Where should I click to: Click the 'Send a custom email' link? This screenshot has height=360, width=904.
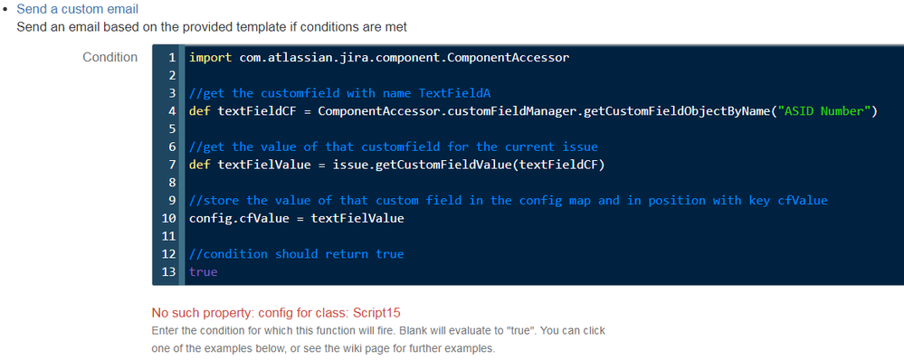[x=78, y=9]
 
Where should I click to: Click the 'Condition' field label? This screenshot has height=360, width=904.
[x=109, y=57]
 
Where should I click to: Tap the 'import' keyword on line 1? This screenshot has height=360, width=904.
[x=211, y=58]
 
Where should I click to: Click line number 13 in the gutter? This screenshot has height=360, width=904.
[x=170, y=272]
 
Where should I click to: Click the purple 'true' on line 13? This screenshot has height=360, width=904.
[x=204, y=272]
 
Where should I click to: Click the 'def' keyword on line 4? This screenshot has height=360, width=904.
[x=200, y=111]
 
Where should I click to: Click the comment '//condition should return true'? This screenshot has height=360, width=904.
[x=297, y=254]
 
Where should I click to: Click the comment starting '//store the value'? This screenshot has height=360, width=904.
[x=508, y=200]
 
